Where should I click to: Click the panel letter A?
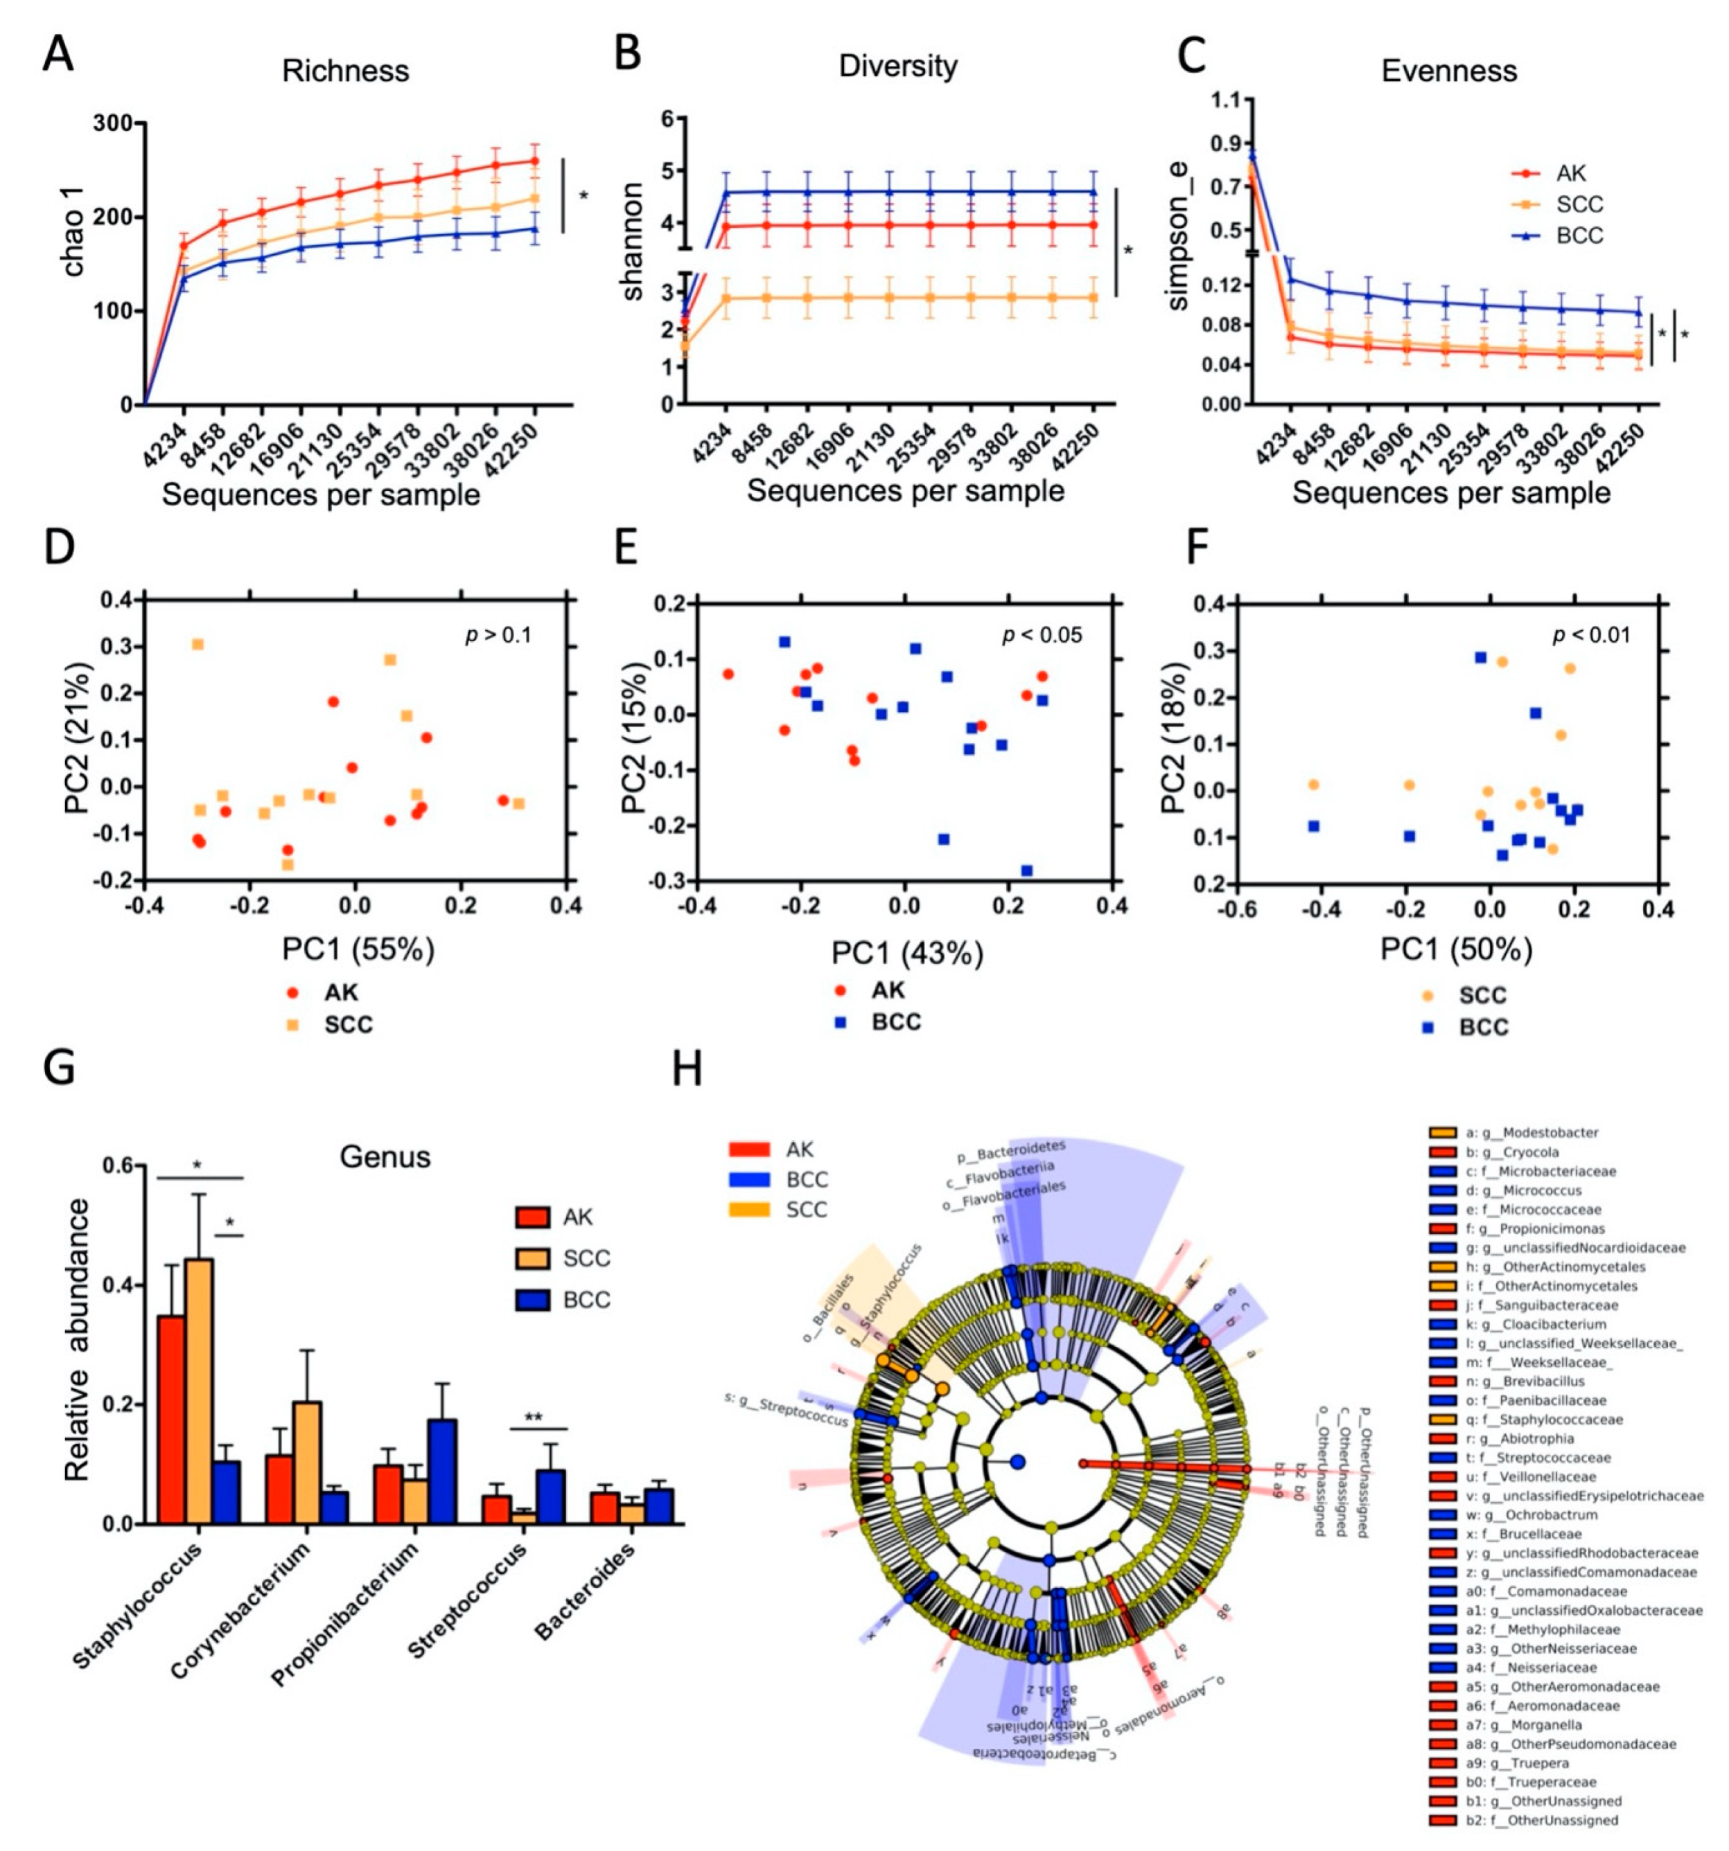click(58, 54)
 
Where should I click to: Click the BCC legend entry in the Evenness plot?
click(1579, 235)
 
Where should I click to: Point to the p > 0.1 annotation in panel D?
click(498, 635)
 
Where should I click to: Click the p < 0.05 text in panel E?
click(1042, 635)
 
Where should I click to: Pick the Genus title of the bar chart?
click(385, 1156)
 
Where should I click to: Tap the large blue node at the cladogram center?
click(1017, 1463)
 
